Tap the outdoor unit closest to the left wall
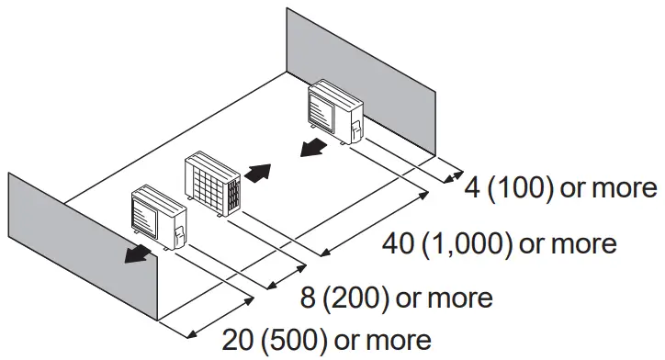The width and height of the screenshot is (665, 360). pos(159,219)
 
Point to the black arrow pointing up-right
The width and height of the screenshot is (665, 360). pos(260,172)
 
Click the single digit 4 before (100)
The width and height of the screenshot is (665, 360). pos(472,188)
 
